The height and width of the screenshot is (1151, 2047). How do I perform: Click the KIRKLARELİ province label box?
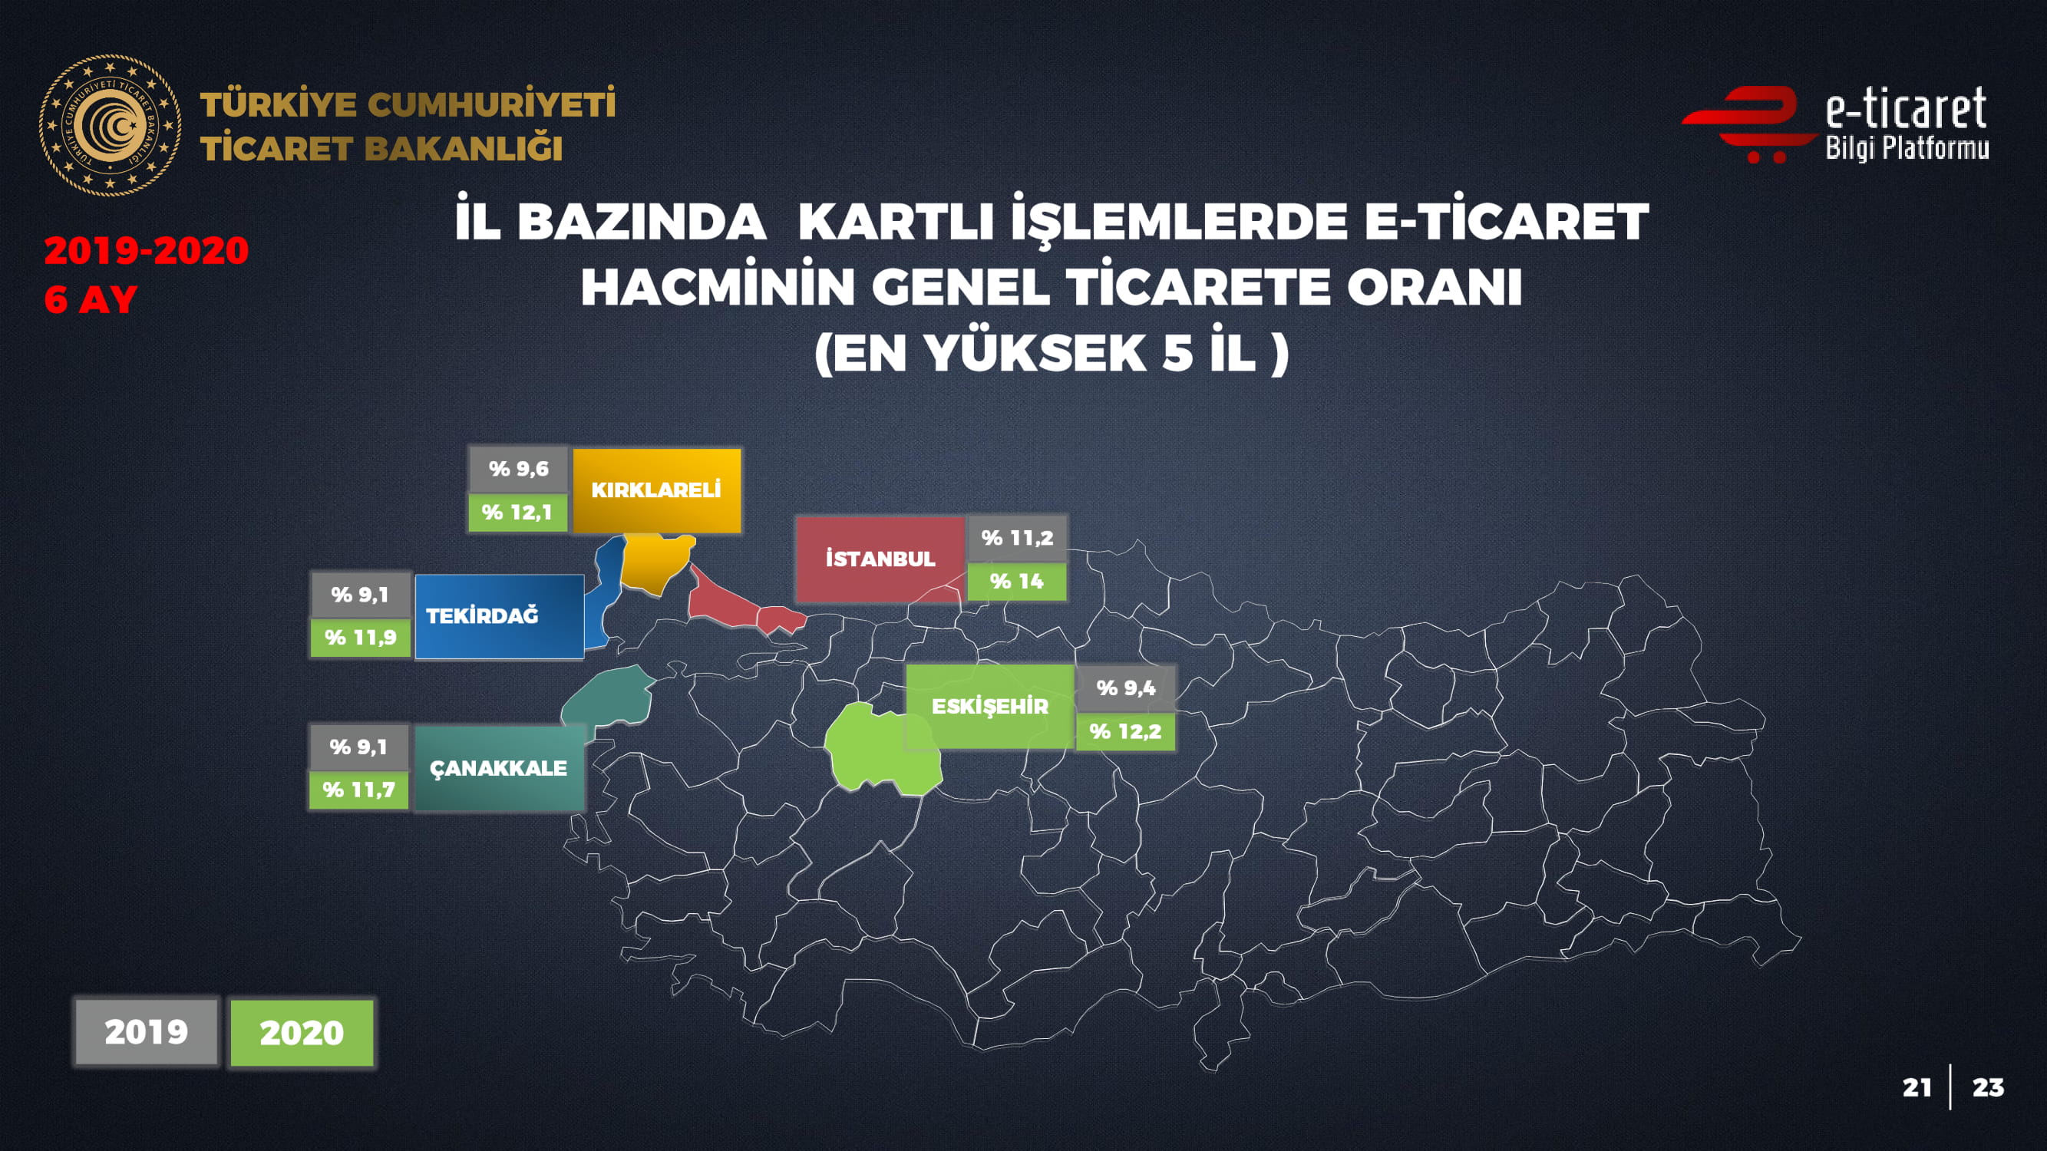[x=656, y=490]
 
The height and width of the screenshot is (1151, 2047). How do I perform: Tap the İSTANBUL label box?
[x=880, y=559]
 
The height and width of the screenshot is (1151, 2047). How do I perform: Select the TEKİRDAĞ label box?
[x=499, y=616]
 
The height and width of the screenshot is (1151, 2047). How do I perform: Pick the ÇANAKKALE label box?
[x=499, y=768]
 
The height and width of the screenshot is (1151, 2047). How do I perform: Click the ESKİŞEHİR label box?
[x=990, y=706]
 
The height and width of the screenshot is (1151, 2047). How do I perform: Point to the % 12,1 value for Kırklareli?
[x=517, y=513]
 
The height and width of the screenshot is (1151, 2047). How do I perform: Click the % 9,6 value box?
[x=518, y=469]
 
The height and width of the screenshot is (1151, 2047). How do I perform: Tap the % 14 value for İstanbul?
[x=1016, y=582]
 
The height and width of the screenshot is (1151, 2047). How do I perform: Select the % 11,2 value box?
[x=1016, y=538]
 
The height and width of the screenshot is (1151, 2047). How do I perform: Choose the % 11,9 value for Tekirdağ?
[x=361, y=638]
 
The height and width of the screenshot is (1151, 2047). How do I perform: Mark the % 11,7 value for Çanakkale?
[x=359, y=790]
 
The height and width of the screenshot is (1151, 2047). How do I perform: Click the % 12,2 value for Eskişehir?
[x=1125, y=731]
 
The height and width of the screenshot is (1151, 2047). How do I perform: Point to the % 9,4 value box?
[x=1125, y=688]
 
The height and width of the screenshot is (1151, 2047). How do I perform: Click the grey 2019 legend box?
[x=146, y=1032]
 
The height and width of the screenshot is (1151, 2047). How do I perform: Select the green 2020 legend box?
[x=302, y=1033]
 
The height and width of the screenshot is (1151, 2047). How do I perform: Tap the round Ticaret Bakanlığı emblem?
[x=111, y=126]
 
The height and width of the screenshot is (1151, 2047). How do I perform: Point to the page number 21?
[x=1917, y=1087]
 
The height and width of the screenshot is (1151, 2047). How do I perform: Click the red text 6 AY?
[x=91, y=300]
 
